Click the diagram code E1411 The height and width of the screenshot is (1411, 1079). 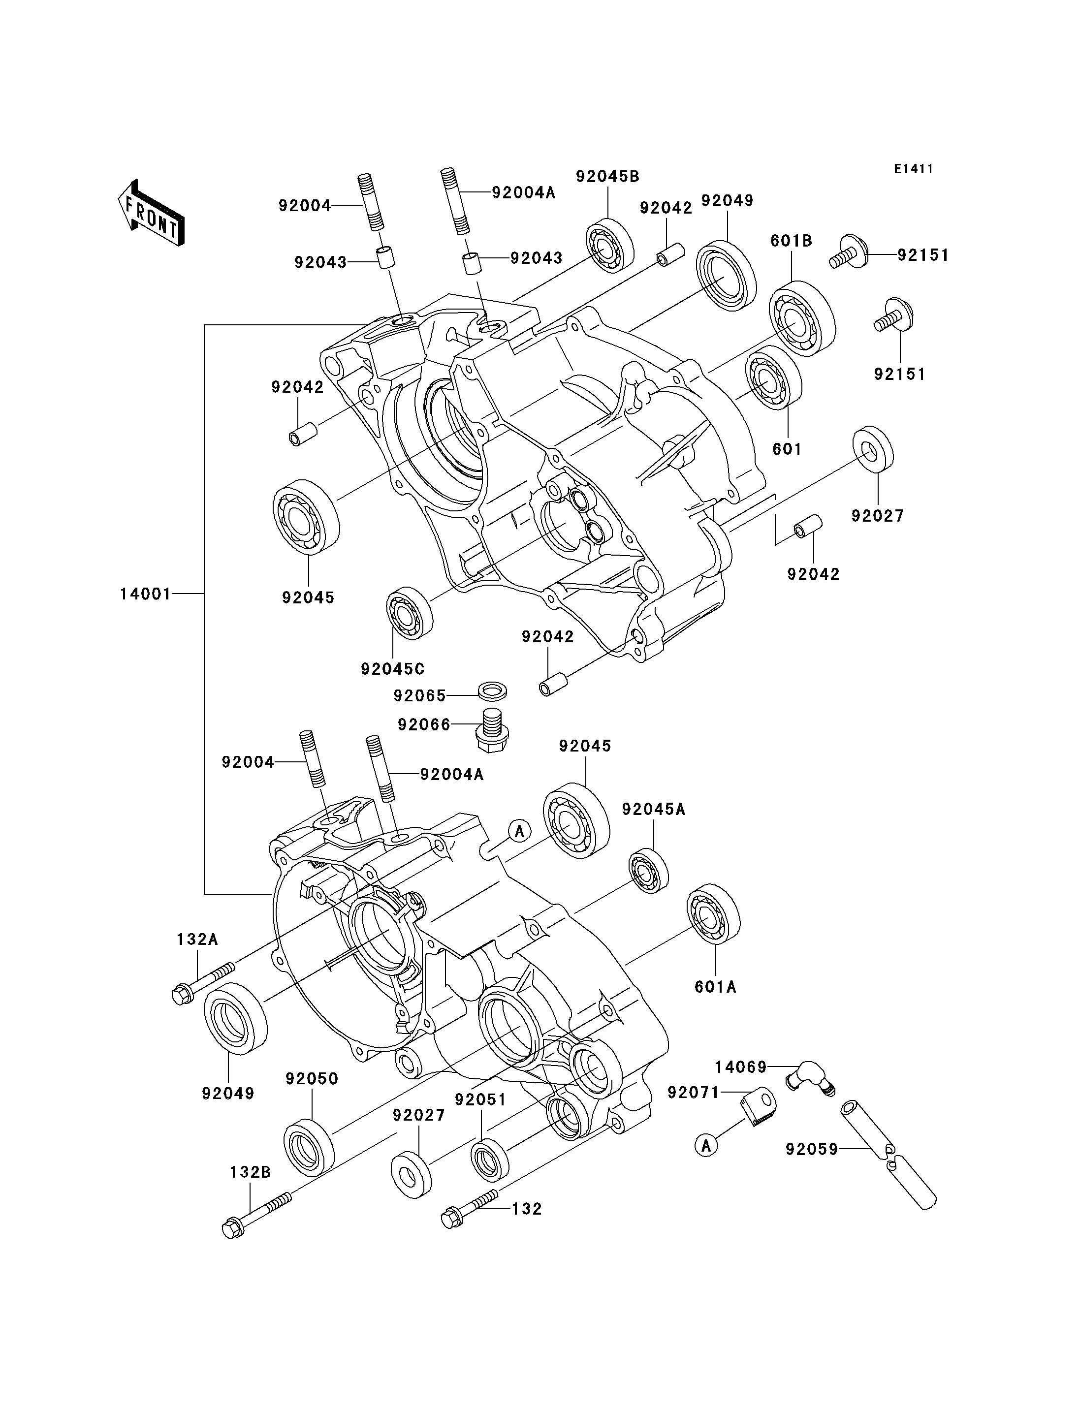913,169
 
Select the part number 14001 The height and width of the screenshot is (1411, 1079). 146,594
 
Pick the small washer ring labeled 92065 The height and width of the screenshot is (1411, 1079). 493,691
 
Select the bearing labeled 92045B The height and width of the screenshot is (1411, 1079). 609,247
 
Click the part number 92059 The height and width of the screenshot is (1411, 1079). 812,1149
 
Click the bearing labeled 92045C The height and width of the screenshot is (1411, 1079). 409,613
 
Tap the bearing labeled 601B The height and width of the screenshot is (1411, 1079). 802,318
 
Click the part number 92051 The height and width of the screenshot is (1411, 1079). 480,1099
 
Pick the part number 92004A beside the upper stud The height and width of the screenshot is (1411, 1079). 523,192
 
